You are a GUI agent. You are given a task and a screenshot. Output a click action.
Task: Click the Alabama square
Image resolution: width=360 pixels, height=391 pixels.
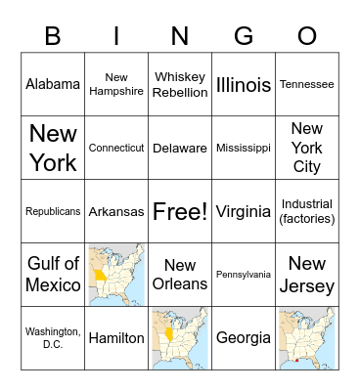tap(53, 84)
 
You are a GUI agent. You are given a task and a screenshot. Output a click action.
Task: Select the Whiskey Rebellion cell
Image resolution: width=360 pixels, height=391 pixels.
tap(180, 84)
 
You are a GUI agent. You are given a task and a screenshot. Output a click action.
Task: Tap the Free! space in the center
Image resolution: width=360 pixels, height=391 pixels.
tap(180, 211)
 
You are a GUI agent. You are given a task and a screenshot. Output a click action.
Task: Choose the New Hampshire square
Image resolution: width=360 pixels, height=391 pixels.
tap(116, 84)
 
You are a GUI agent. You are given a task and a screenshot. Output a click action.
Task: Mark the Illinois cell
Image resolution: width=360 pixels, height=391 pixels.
tap(244, 84)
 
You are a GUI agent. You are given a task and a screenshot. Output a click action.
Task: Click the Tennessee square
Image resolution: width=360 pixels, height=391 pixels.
tap(307, 84)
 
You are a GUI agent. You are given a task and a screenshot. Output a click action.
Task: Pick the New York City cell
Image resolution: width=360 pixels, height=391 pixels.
tap(307, 148)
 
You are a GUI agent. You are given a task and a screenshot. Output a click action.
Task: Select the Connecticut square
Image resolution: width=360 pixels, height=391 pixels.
tap(116, 148)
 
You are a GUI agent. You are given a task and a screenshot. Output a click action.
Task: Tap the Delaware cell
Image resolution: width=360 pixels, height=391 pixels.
tap(180, 148)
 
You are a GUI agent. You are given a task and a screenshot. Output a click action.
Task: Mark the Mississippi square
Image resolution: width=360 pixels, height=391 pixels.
tap(244, 148)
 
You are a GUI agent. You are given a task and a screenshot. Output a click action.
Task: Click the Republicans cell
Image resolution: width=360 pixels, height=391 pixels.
tap(53, 211)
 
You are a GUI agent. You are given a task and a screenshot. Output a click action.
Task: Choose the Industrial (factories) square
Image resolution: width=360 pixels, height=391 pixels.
tap(307, 211)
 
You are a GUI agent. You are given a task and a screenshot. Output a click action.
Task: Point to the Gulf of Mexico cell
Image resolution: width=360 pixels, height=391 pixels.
tap(53, 275)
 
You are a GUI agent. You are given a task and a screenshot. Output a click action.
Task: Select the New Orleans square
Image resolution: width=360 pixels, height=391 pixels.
tap(180, 275)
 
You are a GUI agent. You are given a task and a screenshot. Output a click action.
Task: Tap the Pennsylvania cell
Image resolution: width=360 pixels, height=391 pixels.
tap(244, 275)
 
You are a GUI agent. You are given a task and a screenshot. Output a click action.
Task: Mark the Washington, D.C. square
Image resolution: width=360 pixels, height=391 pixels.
tap(53, 338)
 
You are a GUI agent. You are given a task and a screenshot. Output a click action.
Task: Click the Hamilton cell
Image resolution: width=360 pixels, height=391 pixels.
tap(116, 338)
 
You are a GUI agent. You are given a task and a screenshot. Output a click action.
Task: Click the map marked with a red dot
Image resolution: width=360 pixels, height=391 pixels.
tap(307, 338)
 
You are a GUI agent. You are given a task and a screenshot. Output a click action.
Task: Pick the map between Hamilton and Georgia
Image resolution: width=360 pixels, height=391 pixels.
tap(180, 338)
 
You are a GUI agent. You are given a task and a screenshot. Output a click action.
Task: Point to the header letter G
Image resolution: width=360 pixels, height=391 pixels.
tap(244, 36)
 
